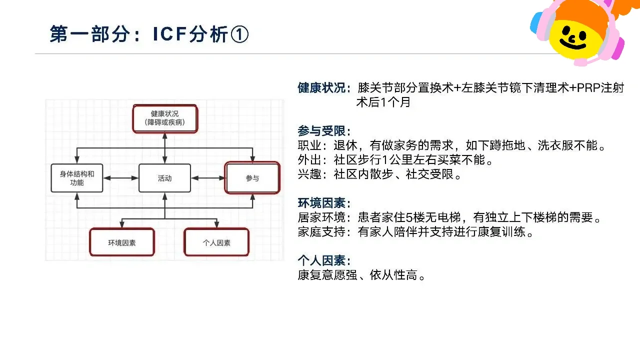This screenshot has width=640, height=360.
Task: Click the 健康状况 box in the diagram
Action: [x=165, y=118]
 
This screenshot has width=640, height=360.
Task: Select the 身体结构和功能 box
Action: [x=77, y=178]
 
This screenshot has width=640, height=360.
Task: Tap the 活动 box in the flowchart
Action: [x=164, y=178]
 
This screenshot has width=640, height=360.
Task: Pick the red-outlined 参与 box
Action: [x=252, y=177]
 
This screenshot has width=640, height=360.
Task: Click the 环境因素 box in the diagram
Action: [x=122, y=242]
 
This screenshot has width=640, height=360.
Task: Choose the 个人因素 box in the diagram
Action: [x=216, y=242]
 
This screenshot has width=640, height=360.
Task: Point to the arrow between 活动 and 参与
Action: [x=207, y=178]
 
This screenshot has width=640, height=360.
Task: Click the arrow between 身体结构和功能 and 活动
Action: [x=121, y=178]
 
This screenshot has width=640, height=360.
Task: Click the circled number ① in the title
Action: [x=239, y=34]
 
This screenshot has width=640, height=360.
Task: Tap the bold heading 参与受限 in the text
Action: [x=321, y=131]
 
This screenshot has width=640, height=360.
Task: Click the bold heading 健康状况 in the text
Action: [x=321, y=87]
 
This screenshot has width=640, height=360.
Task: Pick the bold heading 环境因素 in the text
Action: [x=321, y=203]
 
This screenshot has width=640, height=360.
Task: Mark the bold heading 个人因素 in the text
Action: [x=321, y=260]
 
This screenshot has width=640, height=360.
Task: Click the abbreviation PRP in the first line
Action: [x=588, y=88]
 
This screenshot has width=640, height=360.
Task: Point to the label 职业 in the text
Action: [x=309, y=145]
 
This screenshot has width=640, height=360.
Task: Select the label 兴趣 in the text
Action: [x=309, y=174]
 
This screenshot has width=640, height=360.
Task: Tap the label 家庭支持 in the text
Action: [x=321, y=231]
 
